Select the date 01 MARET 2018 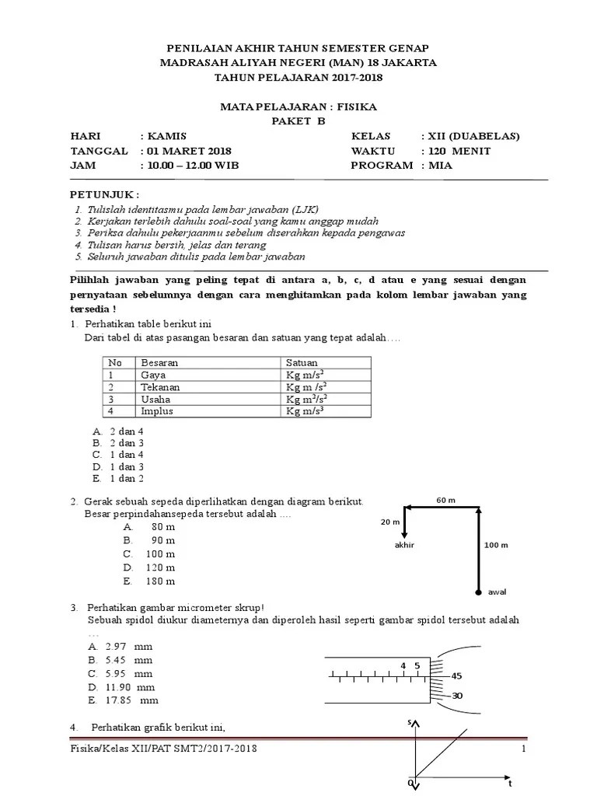(185, 151)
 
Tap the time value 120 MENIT (456, 151)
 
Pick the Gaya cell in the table (153, 375)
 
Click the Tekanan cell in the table (159, 387)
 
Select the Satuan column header (302, 363)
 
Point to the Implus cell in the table (156, 411)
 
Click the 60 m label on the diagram (445, 500)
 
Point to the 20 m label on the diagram (389, 522)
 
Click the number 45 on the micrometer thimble (456, 676)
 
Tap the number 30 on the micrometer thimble (456, 696)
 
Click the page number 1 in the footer (524, 749)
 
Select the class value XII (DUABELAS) (470, 136)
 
